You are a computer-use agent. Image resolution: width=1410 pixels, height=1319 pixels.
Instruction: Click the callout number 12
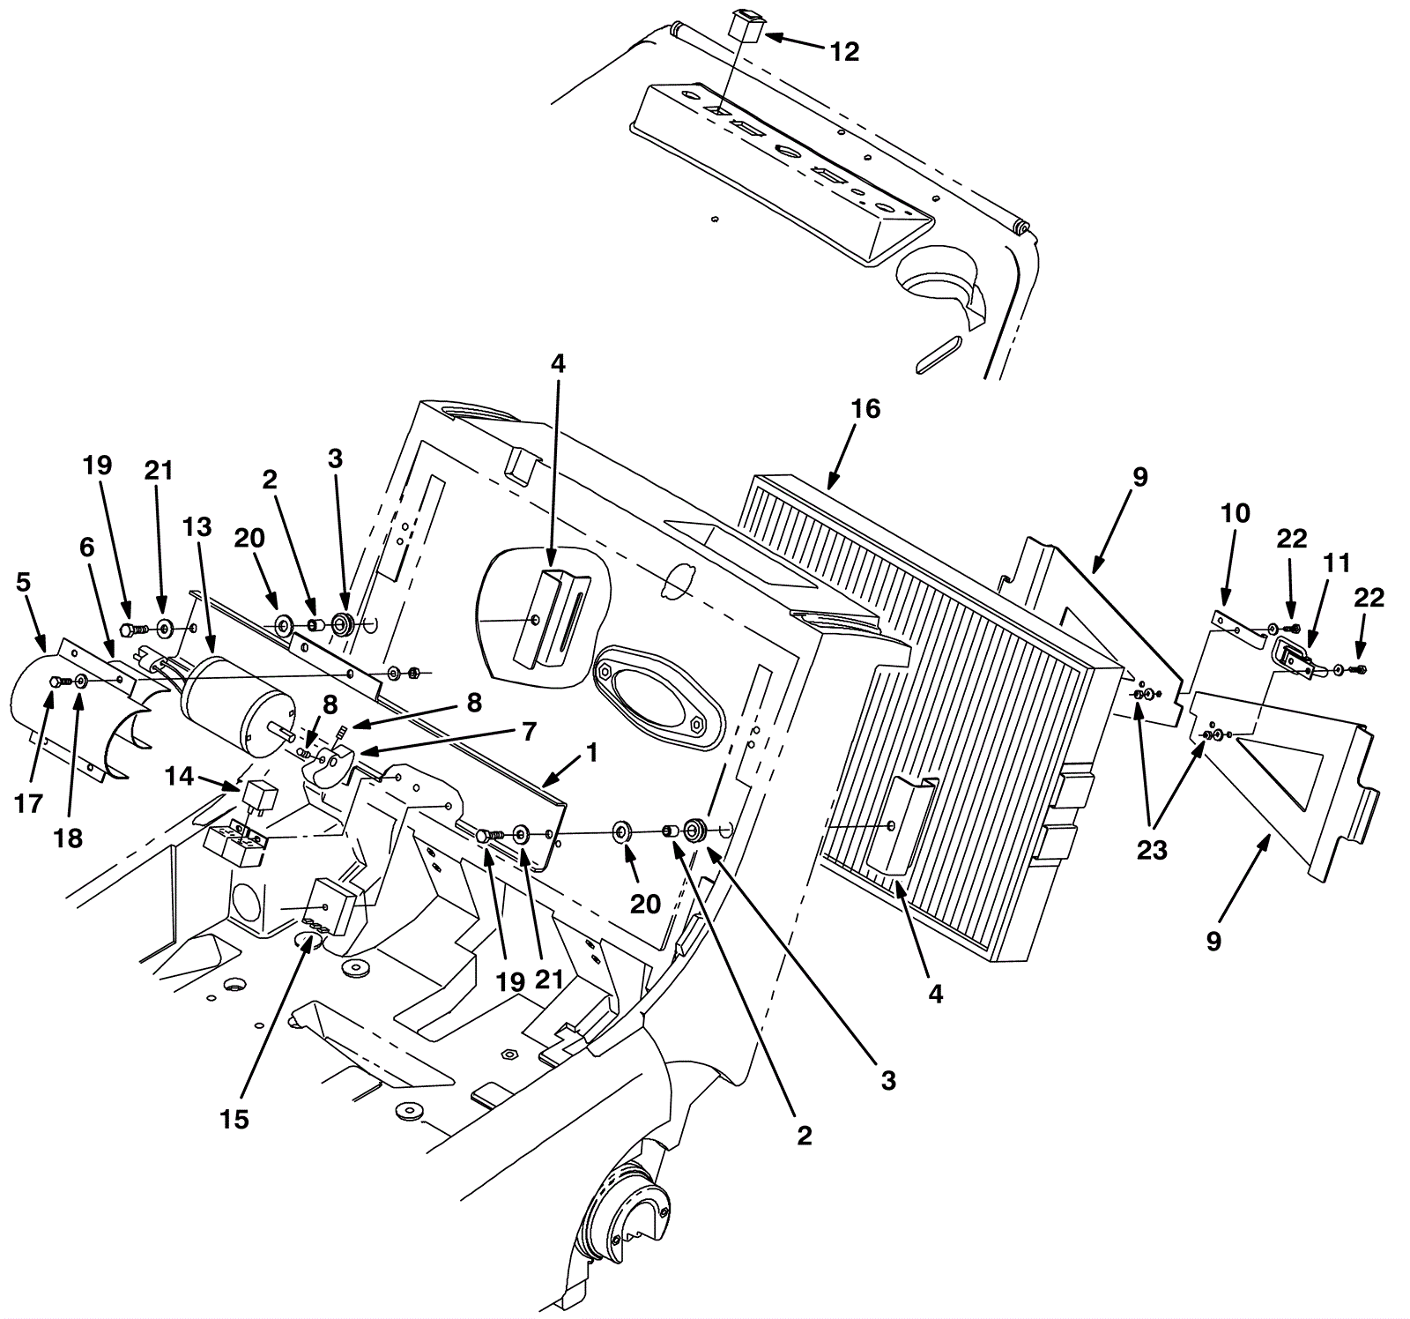pos(844,52)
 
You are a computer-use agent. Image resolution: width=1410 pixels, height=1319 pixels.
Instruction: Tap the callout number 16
pos(865,409)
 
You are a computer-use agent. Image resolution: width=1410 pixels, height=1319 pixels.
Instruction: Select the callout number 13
pos(197,527)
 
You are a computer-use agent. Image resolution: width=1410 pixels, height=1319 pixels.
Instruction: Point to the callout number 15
pos(234,1119)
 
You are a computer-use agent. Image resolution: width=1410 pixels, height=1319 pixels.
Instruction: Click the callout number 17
pos(29,803)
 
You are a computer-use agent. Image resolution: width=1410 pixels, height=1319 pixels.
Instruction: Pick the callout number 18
pos(69,838)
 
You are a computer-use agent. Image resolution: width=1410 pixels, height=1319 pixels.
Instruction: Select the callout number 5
pos(23,582)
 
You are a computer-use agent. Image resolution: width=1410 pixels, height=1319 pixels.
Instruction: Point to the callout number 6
pos(86,548)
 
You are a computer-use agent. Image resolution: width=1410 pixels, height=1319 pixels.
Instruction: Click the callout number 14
pos(180,776)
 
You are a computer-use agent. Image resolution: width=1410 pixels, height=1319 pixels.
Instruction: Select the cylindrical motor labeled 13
pos(236,706)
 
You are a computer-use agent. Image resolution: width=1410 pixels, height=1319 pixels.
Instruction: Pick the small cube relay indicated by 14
pos(260,797)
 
